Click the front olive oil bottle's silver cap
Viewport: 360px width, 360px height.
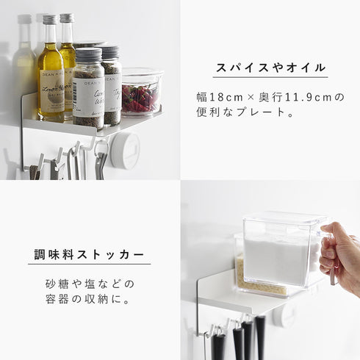49,19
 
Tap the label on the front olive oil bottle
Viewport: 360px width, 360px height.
51,95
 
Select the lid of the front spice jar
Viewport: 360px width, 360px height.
87,54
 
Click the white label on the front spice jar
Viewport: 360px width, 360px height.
87,93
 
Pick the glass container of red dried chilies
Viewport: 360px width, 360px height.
141,94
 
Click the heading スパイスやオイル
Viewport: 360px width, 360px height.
270,68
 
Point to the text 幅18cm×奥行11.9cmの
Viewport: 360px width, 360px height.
270,97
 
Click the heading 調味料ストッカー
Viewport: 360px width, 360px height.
90,254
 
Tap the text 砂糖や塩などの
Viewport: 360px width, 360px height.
90,284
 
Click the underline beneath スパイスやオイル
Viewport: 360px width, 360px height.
270,79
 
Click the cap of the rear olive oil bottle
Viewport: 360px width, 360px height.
67,18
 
